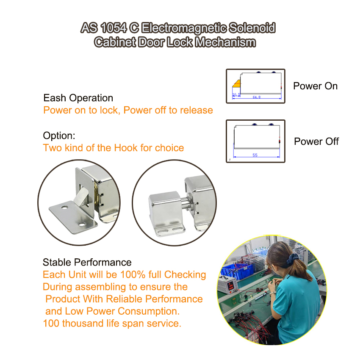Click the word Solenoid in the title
pyautogui.click(x=252, y=28)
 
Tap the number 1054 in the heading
pyautogui.click(x=114, y=28)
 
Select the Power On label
pyautogui.click(x=315, y=86)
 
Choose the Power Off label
pyautogui.click(x=316, y=141)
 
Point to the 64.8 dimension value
pyautogui.click(x=257, y=97)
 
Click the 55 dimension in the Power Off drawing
pyautogui.click(x=255, y=155)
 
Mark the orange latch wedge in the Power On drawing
pyautogui.click(x=237, y=83)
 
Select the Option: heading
pyautogui.click(x=59, y=136)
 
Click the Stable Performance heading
pyautogui.click(x=87, y=262)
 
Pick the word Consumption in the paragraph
pyautogui.click(x=149, y=311)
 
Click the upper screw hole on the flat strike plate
pyautogui.click(x=64, y=208)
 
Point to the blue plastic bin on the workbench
pyautogui.click(x=237, y=271)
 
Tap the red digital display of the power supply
pyautogui.click(x=230, y=285)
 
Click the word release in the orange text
pyautogui.click(x=196, y=110)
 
